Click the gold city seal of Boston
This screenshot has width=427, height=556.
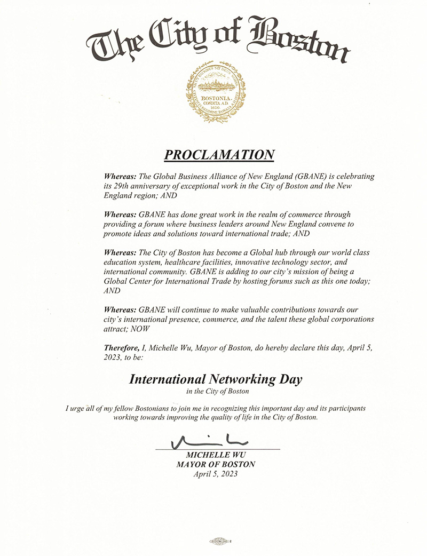[216, 92]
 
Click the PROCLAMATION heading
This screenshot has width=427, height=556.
[219, 155]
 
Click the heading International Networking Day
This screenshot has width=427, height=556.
[216, 380]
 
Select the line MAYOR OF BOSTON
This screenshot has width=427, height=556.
[216, 464]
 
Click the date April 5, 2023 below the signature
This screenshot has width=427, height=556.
[216, 474]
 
